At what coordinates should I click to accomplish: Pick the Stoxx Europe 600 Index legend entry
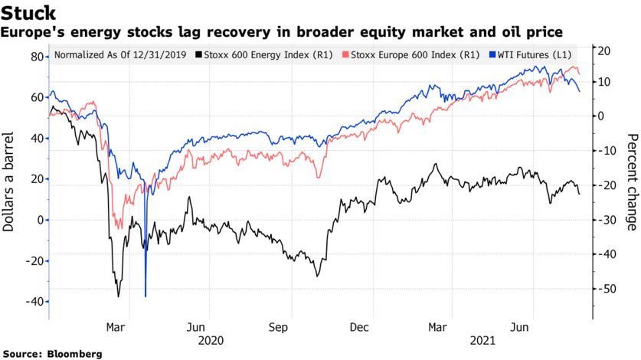point(396,56)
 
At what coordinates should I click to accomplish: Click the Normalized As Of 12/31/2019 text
point(121,56)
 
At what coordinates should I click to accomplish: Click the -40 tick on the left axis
point(34,302)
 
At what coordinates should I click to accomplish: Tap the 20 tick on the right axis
point(604,51)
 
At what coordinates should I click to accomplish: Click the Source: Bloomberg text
point(52,354)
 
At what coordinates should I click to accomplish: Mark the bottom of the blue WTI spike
point(146,296)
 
